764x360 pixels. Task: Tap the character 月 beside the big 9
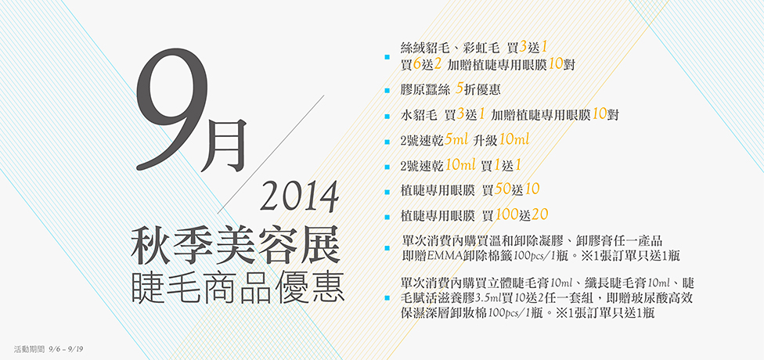pos(225,145)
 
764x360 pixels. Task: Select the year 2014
pos(300,196)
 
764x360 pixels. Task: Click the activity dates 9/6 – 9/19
pos(67,349)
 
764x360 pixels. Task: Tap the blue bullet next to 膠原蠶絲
pos(387,91)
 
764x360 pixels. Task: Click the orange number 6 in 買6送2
pos(416,64)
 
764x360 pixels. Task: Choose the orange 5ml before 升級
pos(456,140)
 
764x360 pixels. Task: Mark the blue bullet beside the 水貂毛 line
pos(387,117)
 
